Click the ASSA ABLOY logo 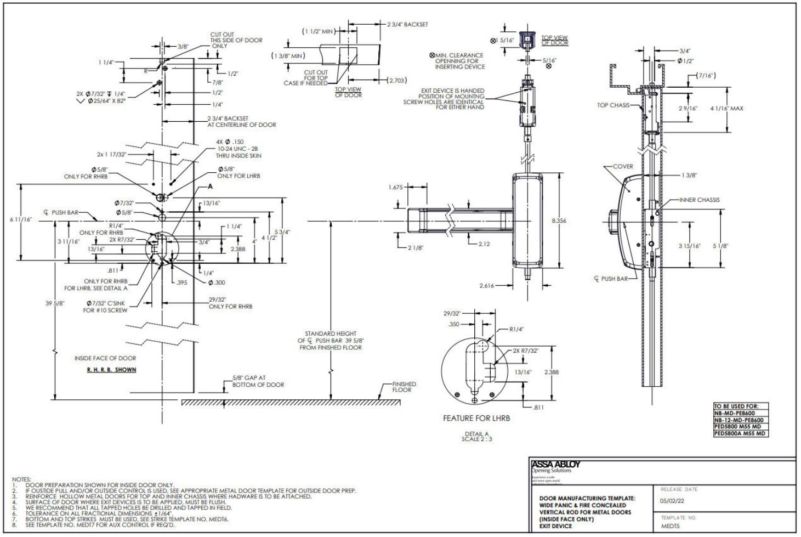[x=555, y=465]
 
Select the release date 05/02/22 [x=672, y=500]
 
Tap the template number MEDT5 [x=670, y=526]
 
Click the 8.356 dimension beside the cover [x=559, y=221]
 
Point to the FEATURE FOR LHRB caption [x=476, y=419]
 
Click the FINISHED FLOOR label [x=404, y=387]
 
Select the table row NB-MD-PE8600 [x=734, y=414]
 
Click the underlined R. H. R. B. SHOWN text [x=112, y=370]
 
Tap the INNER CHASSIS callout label [x=699, y=200]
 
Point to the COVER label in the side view [x=623, y=167]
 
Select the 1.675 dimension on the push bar [x=395, y=188]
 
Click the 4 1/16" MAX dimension [x=726, y=109]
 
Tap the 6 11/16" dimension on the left [x=21, y=220]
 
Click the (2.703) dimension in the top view [x=396, y=81]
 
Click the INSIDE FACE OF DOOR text [x=105, y=358]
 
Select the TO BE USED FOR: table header [x=736, y=406]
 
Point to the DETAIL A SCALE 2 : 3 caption [x=476, y=437]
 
